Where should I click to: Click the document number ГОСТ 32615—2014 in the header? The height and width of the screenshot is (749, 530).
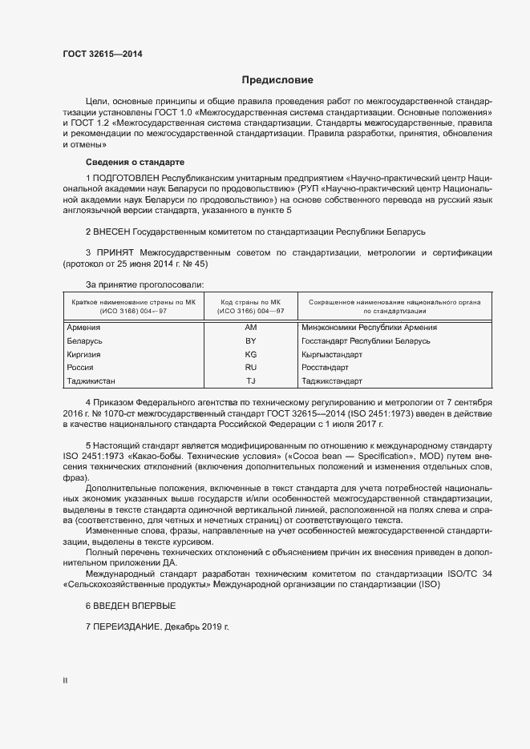(x=102, y=54)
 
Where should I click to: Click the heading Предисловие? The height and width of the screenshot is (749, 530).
(x=277, y=80)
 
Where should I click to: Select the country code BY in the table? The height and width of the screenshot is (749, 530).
(x=250, y=341)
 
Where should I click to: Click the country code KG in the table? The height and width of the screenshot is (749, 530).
(x=250, y=354)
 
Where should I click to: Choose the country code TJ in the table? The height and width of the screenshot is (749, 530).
(x=250, y=381)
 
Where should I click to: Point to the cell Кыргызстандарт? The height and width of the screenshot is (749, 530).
(x=333, y=354)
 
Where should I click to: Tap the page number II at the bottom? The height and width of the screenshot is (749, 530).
(x=66, y=681)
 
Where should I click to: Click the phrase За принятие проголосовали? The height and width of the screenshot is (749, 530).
(x=145, y=284)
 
